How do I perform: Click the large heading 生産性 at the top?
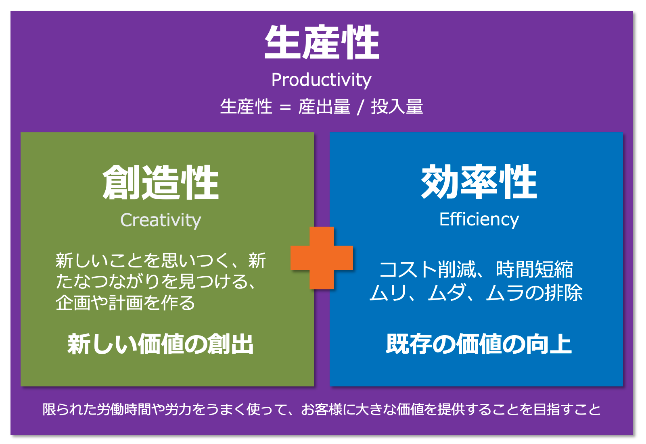pyautogui.click(x=322, y=42)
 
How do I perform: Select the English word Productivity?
pyautogui.click(x=321, y=80)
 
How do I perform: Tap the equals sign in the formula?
pyautogui.click(x=285, y=107)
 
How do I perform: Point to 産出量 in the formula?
pyautogui.click(x=324, y=107)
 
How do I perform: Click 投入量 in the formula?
pyautogui.click(x=397, y=107)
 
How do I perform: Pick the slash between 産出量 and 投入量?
pyautogui.click(x=360, y=107)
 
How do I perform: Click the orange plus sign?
pyautogui.click(x=322, y=258)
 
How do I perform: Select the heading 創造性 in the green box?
pyautogui.click(x=161, y=183)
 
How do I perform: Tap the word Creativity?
pyautogui.click(x=161, y=221)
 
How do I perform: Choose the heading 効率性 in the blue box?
pyautogui.click(x=479, y=181)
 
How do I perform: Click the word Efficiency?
pyautogui.click(x=479, y=220)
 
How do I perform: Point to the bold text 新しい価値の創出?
pyautogui.click(x=160, y=344)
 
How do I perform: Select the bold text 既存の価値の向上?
pyautogui.click(x=479, y=344)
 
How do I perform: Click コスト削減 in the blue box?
pyautogui.click(x=427, y=269)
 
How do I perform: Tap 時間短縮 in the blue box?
pyautogui.click(x=534, y=269)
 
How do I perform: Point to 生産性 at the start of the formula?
pyautogui.click(x=246, y=107)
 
